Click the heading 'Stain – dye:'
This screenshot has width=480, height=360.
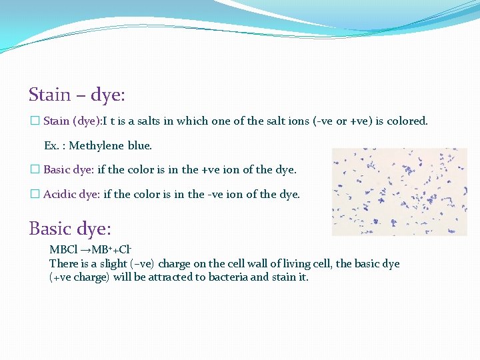(77, 95)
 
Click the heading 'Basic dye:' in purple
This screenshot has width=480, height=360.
(69, 229)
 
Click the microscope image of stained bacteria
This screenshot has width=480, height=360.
(399, 191)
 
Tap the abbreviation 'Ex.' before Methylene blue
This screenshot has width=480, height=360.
(51, 145)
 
